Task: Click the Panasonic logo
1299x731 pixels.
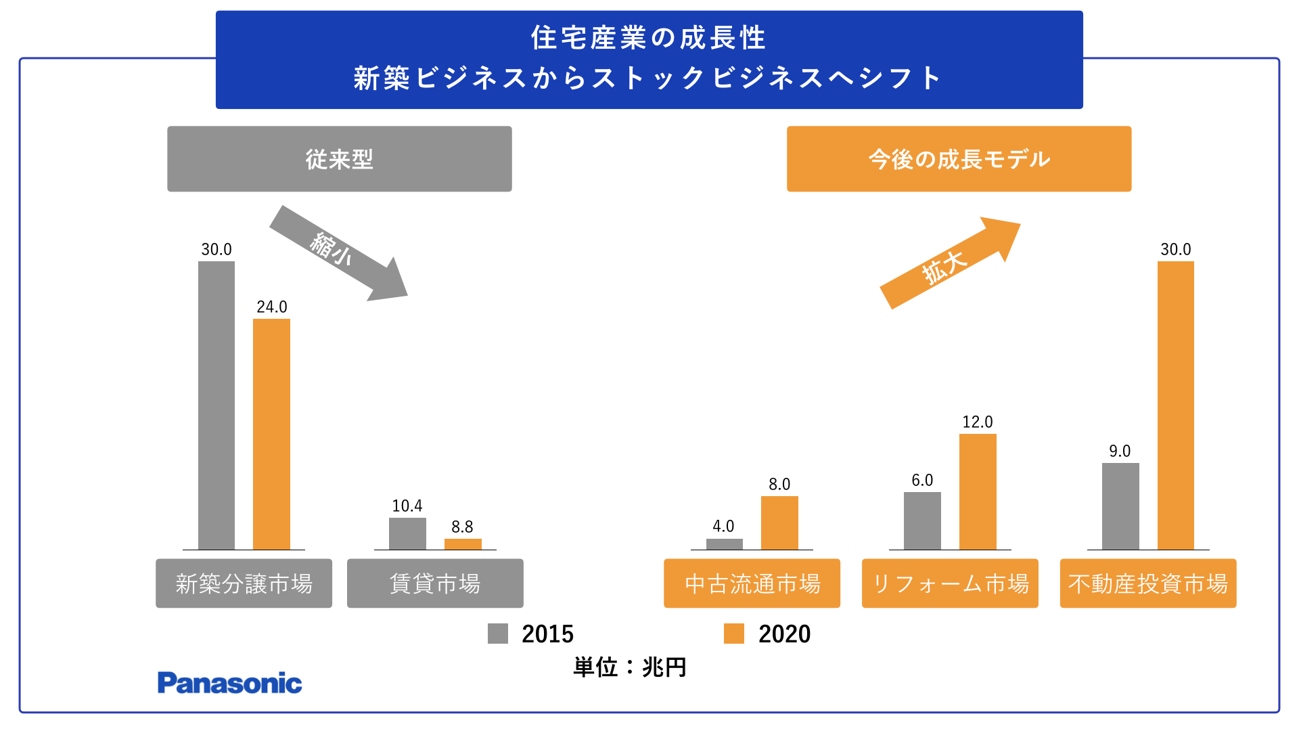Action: pos(229,683)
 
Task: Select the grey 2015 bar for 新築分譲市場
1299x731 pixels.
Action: pos(216,406)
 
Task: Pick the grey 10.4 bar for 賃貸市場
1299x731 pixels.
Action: pos(407,534)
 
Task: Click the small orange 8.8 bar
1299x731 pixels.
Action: pos(463,544)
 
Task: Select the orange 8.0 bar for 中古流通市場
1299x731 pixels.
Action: pos(779,523)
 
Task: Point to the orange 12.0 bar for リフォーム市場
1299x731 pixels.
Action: pos(978,492)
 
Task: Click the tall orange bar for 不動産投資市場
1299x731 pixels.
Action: pos(1175,406)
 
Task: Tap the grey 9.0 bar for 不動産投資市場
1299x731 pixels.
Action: pos(1120,506)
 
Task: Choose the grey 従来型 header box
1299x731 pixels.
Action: pos(340,159)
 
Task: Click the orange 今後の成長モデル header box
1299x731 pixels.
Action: pos(959,159)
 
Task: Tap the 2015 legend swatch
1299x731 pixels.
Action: pos(498,634)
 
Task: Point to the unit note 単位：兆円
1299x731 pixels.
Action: pos(630,667)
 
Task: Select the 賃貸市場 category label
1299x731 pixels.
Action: pos(435,583)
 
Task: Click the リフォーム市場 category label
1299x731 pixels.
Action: pos(950,583)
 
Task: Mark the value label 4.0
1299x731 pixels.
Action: pos(723,526)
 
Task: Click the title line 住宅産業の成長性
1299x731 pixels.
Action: pos(648,38)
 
